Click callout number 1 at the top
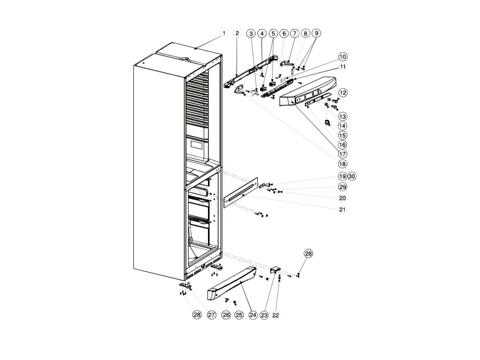point(224,33)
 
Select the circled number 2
point(237,33)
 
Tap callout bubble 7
point(294,33)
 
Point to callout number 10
point(343,57)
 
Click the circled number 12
point(343,92)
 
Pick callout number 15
point(342,135)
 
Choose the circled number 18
point(342,164)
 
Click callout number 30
point(352,176)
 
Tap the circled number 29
point(342,187)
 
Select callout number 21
point(342,209)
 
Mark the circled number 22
point(276,315)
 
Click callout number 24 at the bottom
point(253,315)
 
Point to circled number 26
point(226,315)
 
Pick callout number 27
point(211,315)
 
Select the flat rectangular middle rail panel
point(241,193)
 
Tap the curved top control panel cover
point(308,92)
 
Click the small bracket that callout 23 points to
point(275,270)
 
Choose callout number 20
point(342,198)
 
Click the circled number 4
point(262,33)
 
